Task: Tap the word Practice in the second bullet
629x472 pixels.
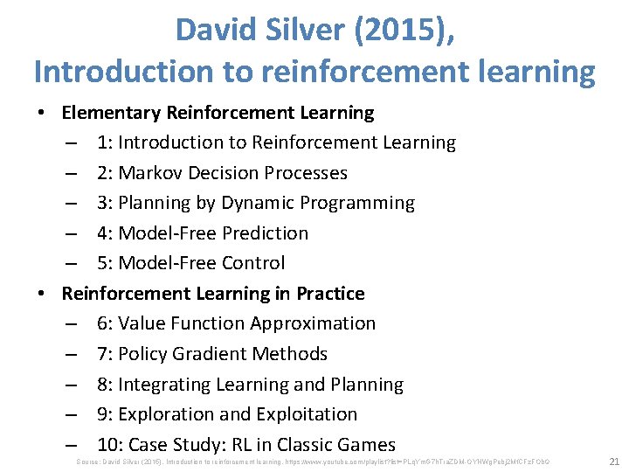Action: click(x=330, y=293)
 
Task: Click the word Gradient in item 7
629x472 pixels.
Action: click(x=210, y=354)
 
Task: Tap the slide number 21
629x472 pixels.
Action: click(x=613, y=461)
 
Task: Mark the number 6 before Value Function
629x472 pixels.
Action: click(x=103, y=323)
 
